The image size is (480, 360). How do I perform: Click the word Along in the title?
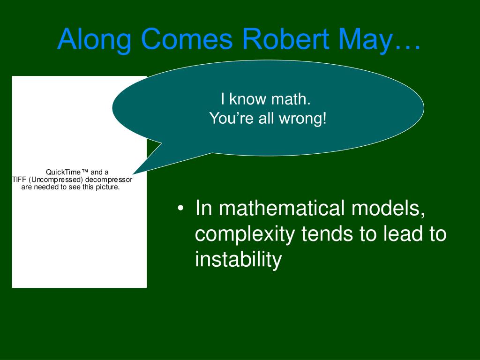[x=94, y=40]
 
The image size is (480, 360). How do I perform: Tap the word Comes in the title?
[x=187, y=39]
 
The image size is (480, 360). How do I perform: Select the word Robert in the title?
[x=285, y=39]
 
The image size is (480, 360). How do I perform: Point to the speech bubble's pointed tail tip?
[x=133, y=174]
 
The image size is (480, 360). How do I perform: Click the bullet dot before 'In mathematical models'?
[x=180, y=208]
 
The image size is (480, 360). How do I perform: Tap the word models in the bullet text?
[x=388, y=209]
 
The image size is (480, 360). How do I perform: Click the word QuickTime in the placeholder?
[x=63, y=172]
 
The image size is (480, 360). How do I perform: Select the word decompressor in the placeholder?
[x=109, y=180]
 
